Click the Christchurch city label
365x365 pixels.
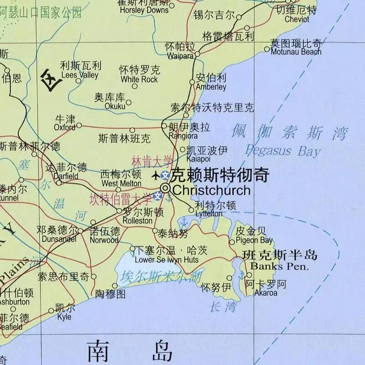tap(211, 190)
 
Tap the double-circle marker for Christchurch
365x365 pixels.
tap(165, 188)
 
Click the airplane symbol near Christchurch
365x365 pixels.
tap(156, 175)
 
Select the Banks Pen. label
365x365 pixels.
tap(279, 267)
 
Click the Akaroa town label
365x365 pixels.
tap(265, 293)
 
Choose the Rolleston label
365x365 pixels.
tap(137, 220)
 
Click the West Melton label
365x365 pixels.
tap(121, 183)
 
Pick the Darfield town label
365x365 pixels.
tap(66, 176)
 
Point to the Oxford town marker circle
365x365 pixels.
tap(79, 125)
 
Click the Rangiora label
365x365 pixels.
tap(183, 135)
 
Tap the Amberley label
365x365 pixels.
tap(211, 87)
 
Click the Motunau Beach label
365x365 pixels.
tap(296, 52)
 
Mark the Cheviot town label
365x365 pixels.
tap(297, 19)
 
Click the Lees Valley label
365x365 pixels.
tap(80, 75)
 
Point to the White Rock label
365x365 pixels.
tap(139, 79)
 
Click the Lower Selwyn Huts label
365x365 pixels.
tap(167, 259)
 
